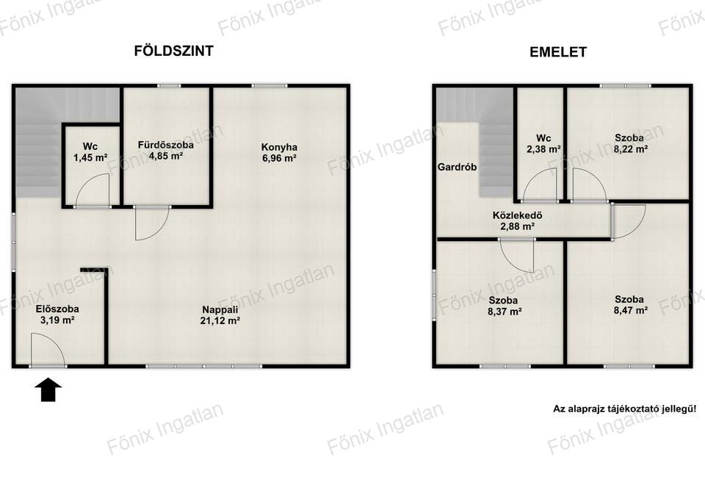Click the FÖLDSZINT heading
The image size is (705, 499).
(173, 51)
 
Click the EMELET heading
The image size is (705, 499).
(558, 51)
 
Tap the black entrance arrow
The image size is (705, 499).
(48, 389)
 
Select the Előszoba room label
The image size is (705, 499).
(57, 315)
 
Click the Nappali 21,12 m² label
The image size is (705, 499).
(220, 315)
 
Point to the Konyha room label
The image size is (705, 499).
(279, 153)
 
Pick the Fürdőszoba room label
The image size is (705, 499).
(166, 150)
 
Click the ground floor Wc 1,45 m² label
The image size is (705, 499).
(90, 152)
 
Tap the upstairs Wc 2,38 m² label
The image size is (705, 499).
(543, 143)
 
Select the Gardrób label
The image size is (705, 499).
(458, 167)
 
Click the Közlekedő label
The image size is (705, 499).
(517, 220)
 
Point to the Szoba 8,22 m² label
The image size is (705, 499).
(630, 143)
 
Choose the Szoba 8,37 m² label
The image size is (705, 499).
(505, 306)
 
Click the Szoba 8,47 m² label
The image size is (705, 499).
(630, 305)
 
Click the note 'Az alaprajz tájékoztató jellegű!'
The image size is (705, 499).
(624, 409)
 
